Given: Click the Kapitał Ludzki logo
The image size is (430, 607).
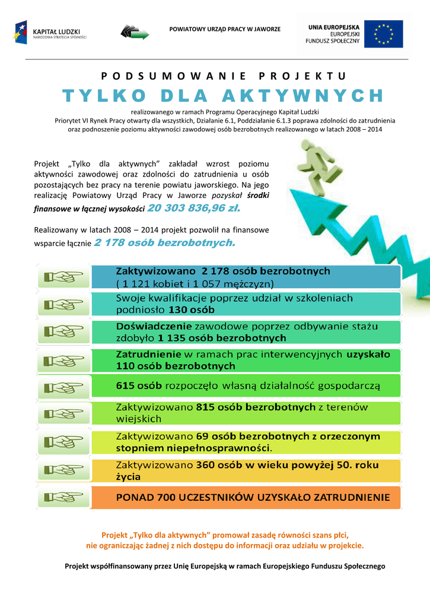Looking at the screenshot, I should [x=50, y=33].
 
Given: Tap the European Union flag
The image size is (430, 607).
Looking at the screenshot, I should [x=384, y=34].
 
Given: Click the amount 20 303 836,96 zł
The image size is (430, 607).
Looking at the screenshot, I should [x=194, y=208].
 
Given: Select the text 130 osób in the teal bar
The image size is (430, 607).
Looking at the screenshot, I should [x=192, y=309].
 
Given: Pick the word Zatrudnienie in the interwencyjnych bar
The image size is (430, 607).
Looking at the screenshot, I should [x=148, y=354].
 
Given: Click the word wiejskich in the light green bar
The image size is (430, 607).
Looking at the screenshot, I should [x=138, y=418].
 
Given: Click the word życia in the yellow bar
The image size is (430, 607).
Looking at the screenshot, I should [x=128, y=476].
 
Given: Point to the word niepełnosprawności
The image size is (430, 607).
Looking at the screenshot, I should [x=222, y=448].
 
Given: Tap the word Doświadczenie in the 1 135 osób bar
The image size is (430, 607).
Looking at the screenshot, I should [x=154, y=326].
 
